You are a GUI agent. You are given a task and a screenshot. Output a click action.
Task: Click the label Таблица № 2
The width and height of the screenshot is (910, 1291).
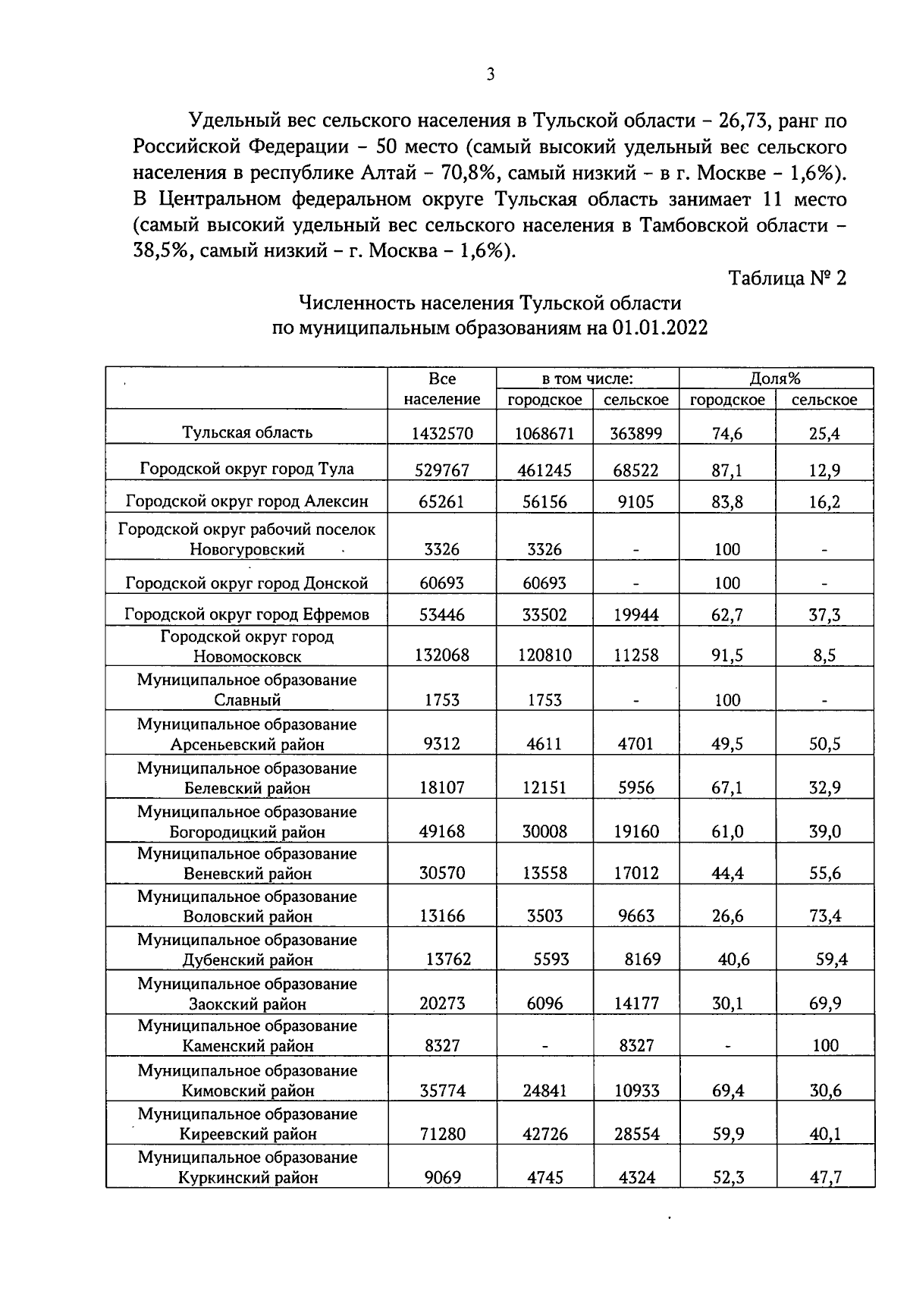[786, 278]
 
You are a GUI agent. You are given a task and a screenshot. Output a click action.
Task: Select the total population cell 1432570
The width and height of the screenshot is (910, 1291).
[441, 434]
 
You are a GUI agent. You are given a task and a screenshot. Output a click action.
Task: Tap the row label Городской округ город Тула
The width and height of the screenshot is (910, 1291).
[246, 469]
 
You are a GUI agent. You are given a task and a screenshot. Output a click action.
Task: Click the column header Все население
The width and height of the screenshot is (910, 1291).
[441, 388]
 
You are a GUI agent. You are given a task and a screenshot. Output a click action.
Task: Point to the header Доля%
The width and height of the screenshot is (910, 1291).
[775, 379]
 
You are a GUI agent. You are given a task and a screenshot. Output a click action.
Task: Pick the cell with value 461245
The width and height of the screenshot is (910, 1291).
[544, 470]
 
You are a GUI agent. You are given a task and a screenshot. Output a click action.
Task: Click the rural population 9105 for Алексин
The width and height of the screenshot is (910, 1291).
[635, 501]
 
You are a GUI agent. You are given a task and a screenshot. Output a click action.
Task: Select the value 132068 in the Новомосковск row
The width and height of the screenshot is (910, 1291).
[441, 655]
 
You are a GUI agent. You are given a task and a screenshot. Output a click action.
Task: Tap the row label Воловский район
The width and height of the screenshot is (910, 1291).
[247, 916]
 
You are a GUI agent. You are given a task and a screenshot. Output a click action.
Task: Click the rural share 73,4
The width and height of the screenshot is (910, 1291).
[824, 916]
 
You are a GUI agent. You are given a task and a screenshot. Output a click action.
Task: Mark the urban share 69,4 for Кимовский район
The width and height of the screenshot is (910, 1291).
[726, 1091]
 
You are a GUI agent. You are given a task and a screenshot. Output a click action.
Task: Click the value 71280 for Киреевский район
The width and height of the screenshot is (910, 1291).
[441, 1135]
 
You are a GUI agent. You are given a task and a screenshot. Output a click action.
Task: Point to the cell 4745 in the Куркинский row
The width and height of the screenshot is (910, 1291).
[544, 1178]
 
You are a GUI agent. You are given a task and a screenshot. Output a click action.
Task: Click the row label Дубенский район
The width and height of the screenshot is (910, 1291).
[247, 960]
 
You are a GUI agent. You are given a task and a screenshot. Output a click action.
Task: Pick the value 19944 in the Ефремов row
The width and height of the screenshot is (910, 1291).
[635, 615]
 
